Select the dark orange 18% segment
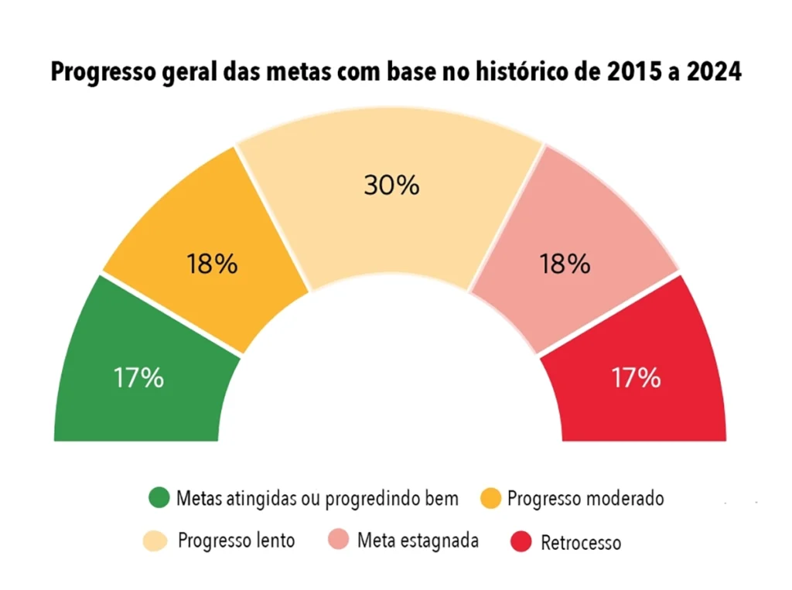207,253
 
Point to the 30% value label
391,185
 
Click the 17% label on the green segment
138,377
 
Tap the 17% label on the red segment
636,377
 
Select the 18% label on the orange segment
212,264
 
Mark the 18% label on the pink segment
565,264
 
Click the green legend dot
159,497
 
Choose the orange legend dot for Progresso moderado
490,498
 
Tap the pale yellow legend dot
155,541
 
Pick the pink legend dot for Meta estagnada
339,539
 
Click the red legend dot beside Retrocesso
521,541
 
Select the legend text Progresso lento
237,540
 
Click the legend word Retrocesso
581,543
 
